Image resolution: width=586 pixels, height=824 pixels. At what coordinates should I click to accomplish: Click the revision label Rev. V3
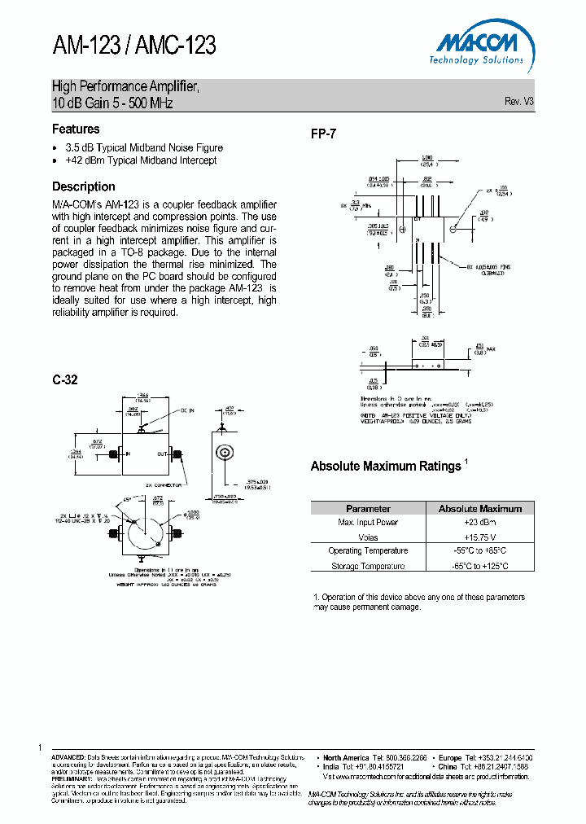click(x=519, y=102)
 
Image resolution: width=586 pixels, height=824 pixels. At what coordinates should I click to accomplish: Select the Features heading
click(x=76, y=129)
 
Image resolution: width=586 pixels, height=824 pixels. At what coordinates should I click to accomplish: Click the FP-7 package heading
click(x=323, y=134)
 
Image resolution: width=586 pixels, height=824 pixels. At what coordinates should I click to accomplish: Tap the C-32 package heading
click(x=65, y=379)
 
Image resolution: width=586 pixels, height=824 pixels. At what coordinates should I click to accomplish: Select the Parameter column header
click(x=368, y=508)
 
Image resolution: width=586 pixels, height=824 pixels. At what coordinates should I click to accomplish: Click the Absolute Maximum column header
click(x=480, y=508)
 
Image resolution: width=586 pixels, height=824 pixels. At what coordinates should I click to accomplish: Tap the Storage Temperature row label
click(x=368, y=566)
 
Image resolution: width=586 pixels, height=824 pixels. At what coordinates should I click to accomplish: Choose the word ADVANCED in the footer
click(x=68, y=757)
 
